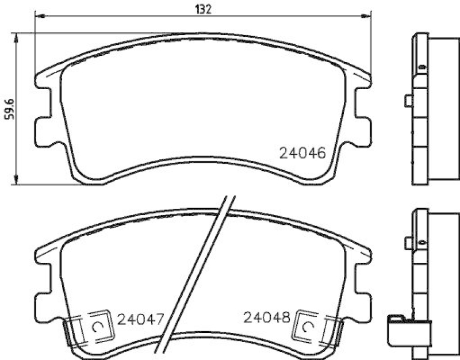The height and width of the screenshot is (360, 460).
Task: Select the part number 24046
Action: pos(302,153)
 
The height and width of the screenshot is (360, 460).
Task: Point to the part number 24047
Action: pos(141,318)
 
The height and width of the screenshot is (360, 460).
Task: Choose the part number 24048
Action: pos(266,318)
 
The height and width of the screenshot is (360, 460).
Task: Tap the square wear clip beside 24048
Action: pos(309,326)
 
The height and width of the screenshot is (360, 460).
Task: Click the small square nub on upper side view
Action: pos(408,101)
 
